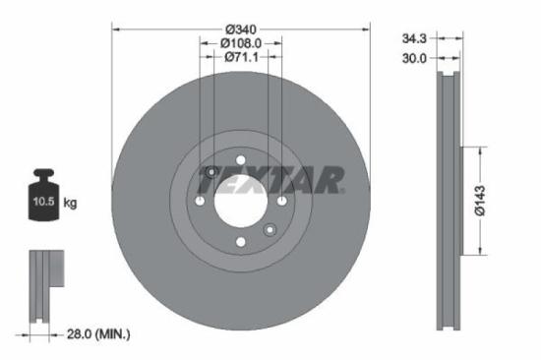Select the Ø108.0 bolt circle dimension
coord(241,43)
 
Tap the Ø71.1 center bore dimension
coord(241,57)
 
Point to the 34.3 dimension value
coord(414,39)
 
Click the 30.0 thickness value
coord(414,59)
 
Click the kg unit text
coord(70,203)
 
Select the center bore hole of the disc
coord(241,201)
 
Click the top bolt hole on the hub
coord(241,159)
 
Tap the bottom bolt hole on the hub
coord(241,242)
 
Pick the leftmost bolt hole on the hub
coord(200,201)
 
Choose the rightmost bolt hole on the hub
coord(282,201)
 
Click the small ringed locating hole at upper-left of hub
coord(211,172)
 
